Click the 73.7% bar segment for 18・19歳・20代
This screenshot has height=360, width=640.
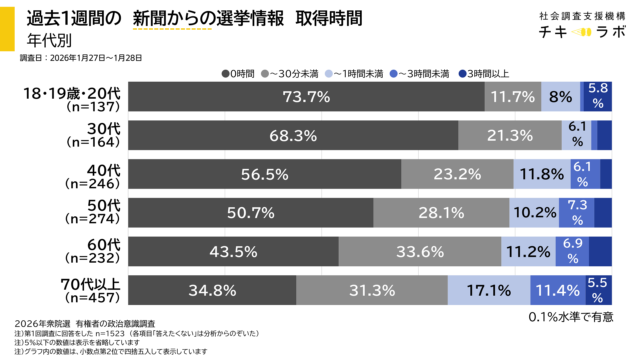coord(307,97)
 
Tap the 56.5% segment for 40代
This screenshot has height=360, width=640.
coord(265,173)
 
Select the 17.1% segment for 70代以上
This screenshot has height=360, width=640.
coord(494,290)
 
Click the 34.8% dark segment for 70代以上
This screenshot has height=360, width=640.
coord(213,290)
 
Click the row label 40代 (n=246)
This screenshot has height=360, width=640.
coord(91,174)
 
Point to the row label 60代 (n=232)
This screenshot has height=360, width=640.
coord(91,251)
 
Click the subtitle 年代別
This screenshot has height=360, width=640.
coord(41,41)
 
